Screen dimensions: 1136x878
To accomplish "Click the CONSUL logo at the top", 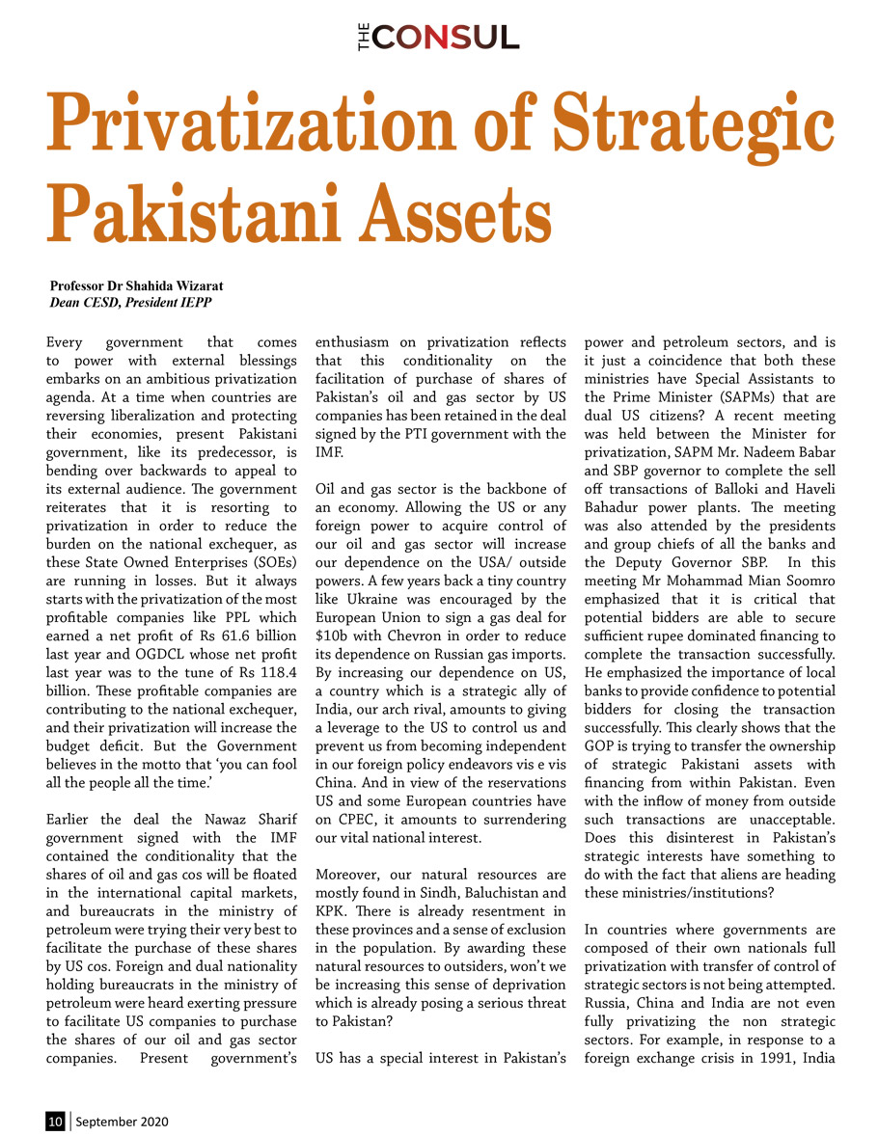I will [438, 38].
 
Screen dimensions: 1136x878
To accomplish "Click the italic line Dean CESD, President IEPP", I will [131, 302].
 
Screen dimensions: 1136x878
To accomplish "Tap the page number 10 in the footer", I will [56, 1122].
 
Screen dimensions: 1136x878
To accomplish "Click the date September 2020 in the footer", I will [122, 1122].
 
